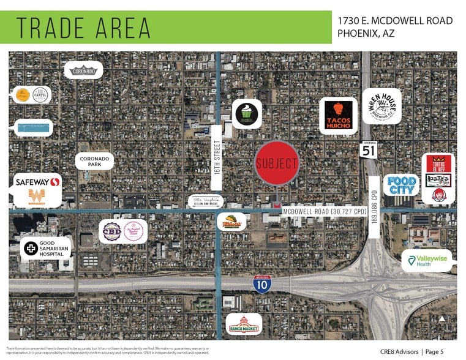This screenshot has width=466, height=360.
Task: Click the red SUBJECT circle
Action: pos(277,163)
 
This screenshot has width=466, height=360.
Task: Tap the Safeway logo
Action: pos(37,182)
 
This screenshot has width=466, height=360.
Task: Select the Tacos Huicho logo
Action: pos(338,114)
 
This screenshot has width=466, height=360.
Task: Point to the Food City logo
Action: pos(402,185)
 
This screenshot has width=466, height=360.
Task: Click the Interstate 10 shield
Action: pos(262,283)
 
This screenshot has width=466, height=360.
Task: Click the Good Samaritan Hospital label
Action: pos(47,248)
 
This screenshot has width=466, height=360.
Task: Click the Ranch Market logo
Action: pos(244,323)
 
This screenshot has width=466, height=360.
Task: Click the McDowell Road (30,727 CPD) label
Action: pos(325,211)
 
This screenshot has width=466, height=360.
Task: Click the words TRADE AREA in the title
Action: pos(83,28)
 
